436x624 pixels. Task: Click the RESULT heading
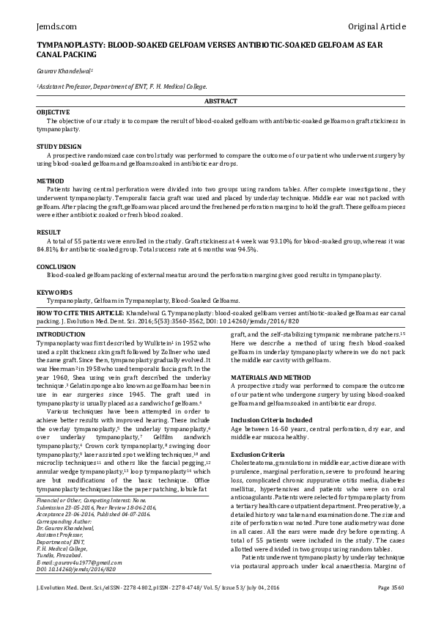coord(48,232)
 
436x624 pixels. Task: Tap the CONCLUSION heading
coord(56,266)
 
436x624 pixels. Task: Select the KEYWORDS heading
coord(54,292)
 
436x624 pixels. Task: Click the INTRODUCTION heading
coord(61,334)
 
